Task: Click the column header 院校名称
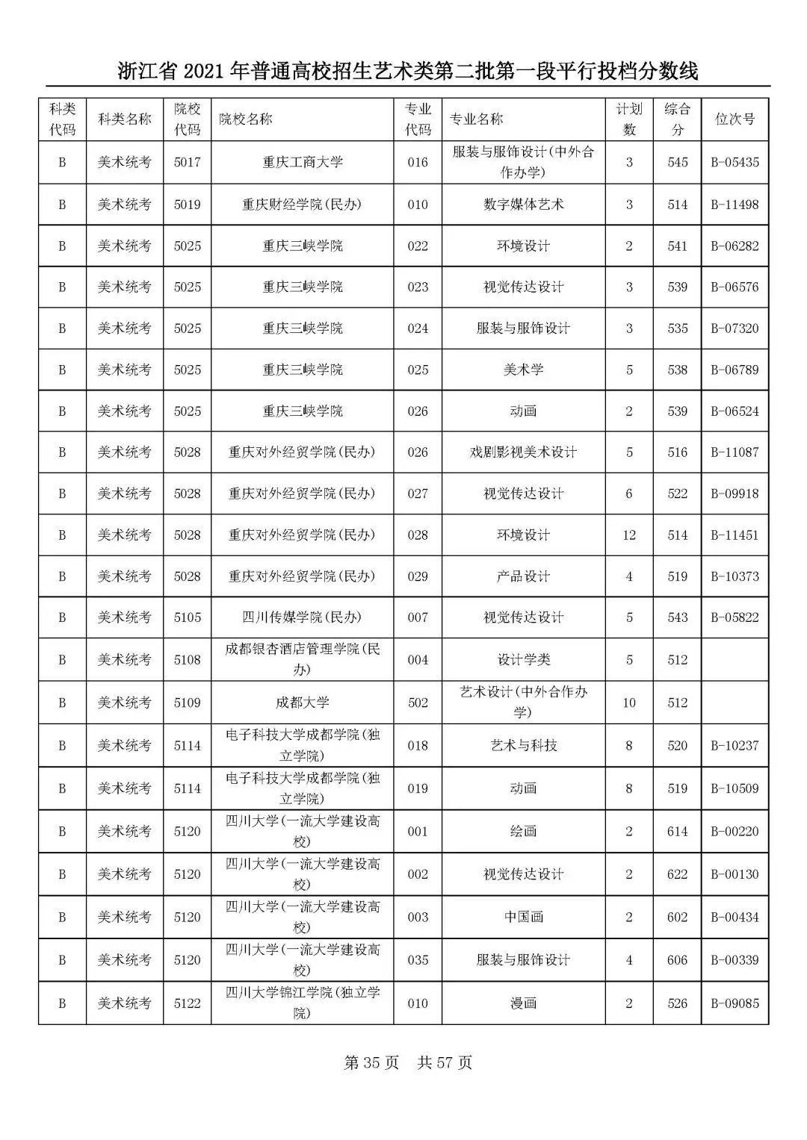[x=246, y=119]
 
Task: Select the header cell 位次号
[x=735, y=119]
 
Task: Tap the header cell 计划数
[x=629, y=119]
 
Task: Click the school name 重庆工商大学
[x=302, y=162]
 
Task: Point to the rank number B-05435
[x=735, y=162]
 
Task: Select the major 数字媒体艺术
[x=523, y=205]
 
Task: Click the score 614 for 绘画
[x=677, y=832]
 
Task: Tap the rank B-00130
[x=735, y=874]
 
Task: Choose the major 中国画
[x=523, y=918]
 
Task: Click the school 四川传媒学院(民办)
[x=302, y=617]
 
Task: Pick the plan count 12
[x=629, y=535]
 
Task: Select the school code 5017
[x=187, y=162]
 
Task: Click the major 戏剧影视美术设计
[x=523, y=452]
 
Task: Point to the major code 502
[x=418, y=703]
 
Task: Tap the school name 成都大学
[x=302, y=703]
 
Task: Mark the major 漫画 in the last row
[x=523, y=1003]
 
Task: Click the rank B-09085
[x=735, y=1003]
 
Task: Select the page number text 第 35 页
[x=371, y=1063]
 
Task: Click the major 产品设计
[x=523, y=576]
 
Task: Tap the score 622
[x=677, y=874]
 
